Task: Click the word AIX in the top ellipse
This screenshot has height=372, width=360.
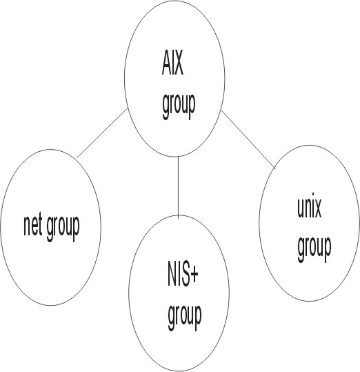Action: (172, 63)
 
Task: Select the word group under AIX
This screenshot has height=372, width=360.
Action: (179, 106)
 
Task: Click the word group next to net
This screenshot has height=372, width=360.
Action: (63, 228)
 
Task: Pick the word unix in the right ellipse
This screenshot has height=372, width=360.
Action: (309, 208)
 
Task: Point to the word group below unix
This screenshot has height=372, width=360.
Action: (314, 249)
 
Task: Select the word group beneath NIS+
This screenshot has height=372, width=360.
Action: (185, 317)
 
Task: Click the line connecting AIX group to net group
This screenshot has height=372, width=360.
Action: (102, 133)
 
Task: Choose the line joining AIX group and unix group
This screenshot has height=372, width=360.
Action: (248, 139)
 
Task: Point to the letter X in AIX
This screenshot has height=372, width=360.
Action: (178, 63)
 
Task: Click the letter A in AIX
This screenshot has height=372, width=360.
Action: (166, 63)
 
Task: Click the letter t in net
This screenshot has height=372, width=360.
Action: (40, 226)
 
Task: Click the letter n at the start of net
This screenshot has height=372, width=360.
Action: (27, 228)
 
